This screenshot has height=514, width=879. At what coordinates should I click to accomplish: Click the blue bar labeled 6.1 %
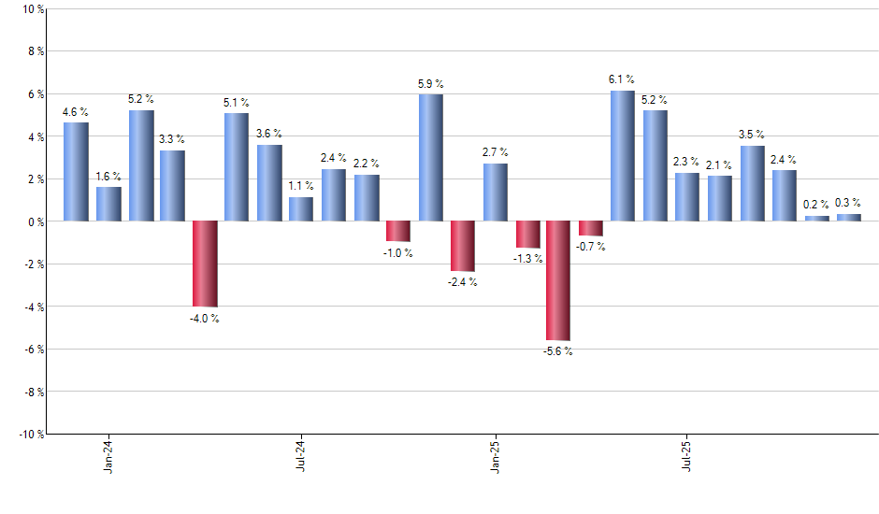[623, 156]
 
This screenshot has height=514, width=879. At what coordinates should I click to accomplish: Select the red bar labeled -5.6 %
[558, 280]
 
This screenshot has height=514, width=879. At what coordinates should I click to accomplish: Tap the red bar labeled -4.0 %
[205, 264]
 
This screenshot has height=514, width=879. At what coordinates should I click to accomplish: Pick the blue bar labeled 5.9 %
[430, 158]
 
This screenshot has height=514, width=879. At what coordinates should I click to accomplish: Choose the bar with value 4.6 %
[76, 172]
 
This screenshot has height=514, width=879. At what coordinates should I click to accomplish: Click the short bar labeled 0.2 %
[817, 219]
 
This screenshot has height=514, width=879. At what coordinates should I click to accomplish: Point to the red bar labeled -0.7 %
[591, 228]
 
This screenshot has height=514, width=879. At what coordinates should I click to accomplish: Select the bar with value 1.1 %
[301, 209]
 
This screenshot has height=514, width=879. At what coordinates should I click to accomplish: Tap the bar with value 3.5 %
[753, 183]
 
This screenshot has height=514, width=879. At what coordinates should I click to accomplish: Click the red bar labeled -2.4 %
[462, 246]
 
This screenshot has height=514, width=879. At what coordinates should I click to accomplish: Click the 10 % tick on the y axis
[31, 9]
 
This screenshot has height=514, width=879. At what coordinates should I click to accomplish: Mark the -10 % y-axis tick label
[29, 434]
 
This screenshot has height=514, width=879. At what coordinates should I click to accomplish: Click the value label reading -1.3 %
[527, 259]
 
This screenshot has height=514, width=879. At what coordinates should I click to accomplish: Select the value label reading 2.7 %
[496, 151]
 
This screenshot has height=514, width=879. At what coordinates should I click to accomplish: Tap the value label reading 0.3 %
[849, 203]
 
